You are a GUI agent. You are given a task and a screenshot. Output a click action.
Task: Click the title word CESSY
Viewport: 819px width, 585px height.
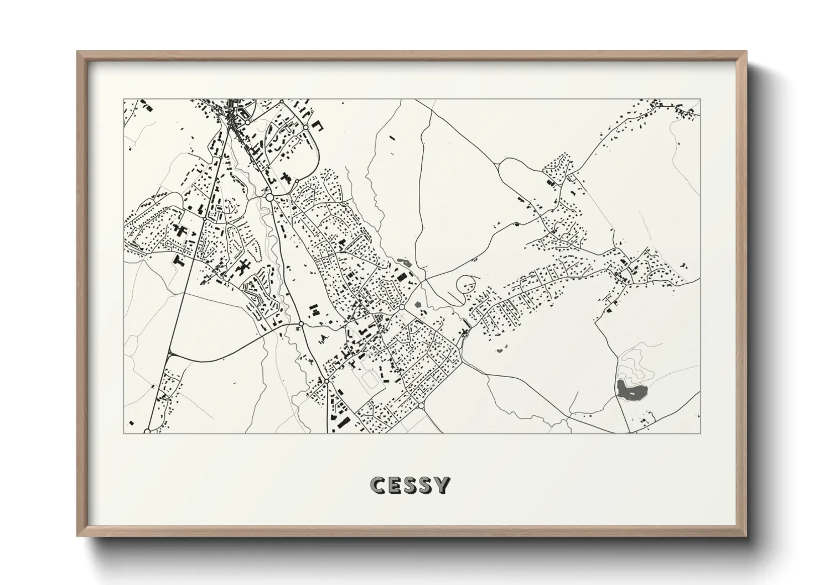[410, 485]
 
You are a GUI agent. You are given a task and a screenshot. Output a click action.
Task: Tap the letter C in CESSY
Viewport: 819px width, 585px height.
[378, 485]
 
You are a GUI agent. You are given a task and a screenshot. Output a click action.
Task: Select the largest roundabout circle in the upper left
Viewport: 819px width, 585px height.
[269, 196]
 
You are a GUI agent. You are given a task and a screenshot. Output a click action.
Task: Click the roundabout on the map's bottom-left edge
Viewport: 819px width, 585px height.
[147, 430]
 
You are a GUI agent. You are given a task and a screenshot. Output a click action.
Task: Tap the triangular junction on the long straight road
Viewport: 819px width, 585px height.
[169, 354]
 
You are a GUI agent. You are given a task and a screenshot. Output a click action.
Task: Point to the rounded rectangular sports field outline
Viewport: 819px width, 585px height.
[370, 380]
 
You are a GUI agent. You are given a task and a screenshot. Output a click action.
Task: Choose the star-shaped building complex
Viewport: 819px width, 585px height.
[242, 268]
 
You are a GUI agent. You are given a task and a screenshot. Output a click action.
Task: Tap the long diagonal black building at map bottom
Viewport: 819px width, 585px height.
[343, 424]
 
